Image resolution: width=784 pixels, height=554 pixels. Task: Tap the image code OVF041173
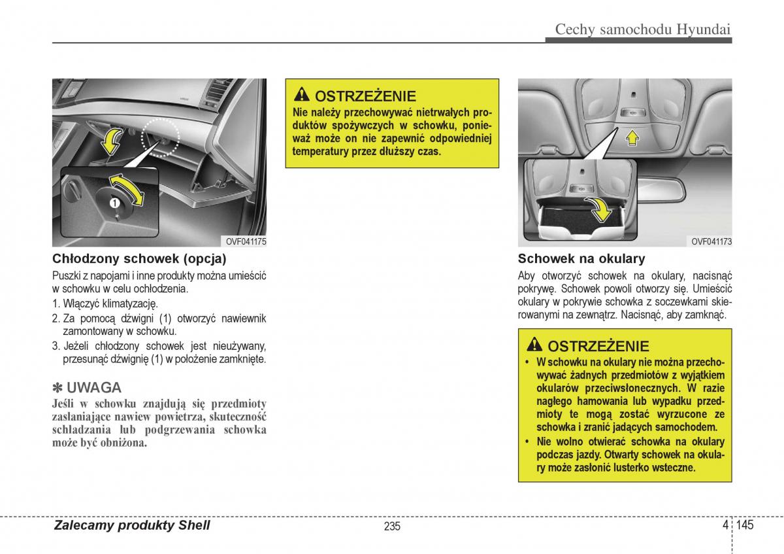coord(711,242)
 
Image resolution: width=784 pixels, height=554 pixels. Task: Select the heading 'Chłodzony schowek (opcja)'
coord(139,258)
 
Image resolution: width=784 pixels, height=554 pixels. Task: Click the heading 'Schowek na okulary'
coord(581,258)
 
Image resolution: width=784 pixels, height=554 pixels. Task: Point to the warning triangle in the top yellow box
coord(301,95)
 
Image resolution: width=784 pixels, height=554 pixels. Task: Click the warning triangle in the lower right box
coord(534,345)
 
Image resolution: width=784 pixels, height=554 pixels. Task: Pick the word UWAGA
coord(93,387)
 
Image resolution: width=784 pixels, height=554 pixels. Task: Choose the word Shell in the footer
coord(194,525)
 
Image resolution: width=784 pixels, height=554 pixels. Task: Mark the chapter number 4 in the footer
coord(726,525)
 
